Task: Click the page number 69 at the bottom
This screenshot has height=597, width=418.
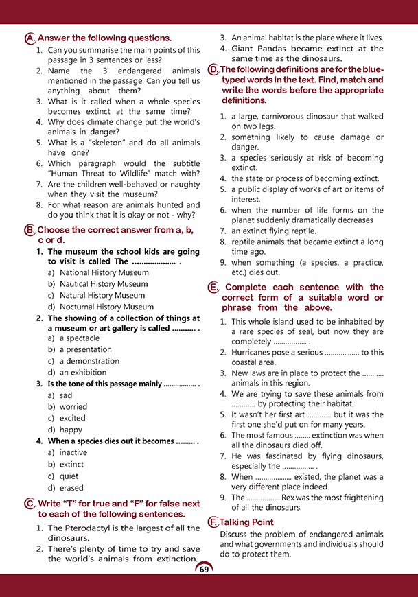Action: [204, 569]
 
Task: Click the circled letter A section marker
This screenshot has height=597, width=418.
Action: [29, 38]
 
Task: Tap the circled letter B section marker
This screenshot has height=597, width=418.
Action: [29, 231]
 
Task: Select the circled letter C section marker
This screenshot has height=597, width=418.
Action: [29, 504]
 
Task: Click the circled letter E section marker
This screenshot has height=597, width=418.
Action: [213, 288]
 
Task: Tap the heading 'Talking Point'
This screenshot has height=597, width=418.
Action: [247, 522]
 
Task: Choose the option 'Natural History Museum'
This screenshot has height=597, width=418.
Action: [102, 295]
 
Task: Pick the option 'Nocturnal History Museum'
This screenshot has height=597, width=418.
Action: [106, 307]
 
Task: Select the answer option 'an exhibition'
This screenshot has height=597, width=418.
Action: [81, 373]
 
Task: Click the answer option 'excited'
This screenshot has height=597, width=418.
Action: [72, 418]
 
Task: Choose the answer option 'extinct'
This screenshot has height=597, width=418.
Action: [71, 465]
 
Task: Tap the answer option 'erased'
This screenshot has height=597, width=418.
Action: [71, 488]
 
